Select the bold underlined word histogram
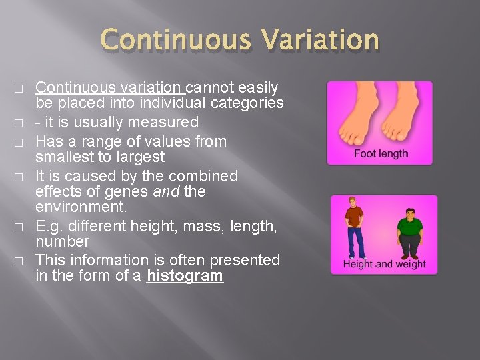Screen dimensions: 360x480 pyautogui.click(x=185, y=276)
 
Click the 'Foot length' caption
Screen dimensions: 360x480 pyautogui.click(x=381, y=154)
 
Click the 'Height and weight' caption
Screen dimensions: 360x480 pyautogui.click(x=384, y=264)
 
